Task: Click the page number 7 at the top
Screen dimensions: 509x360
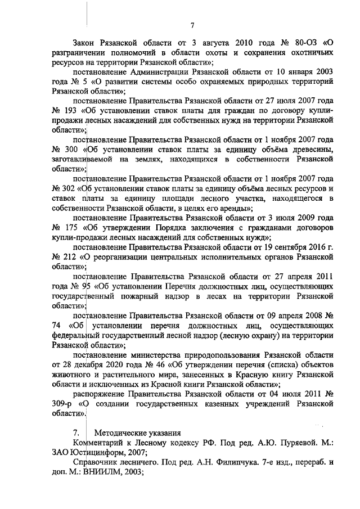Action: (x=192, y=25)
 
